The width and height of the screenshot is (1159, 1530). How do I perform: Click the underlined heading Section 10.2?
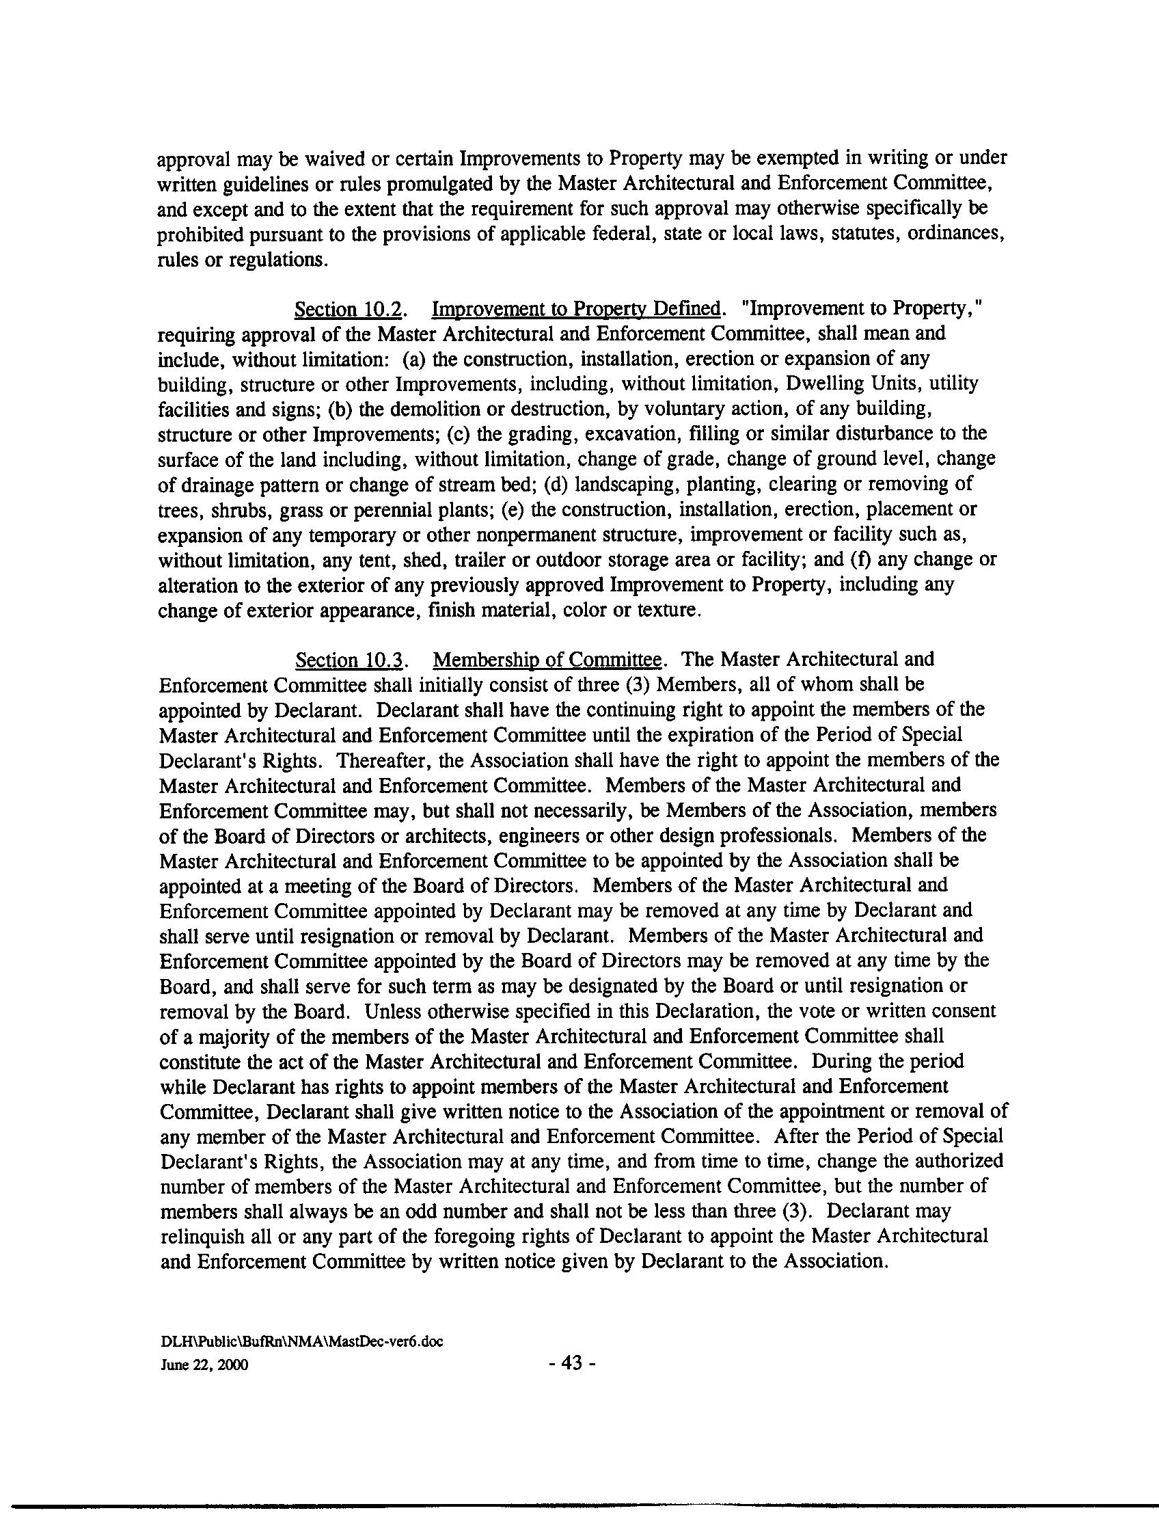[x=349, y=308]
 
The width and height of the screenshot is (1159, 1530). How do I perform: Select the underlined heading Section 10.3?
[x=349, y=660]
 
